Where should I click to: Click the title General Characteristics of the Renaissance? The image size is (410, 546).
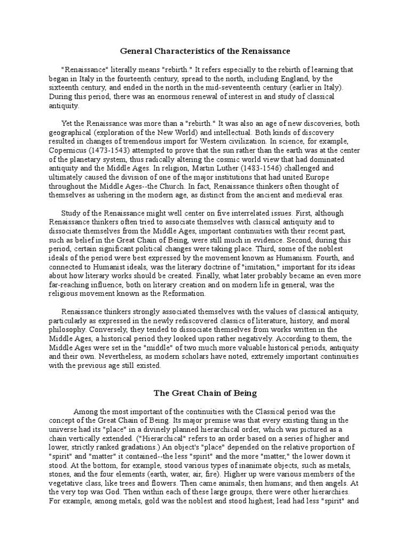tap(205, 51)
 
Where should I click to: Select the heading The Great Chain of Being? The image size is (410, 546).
tap(205, 394)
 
